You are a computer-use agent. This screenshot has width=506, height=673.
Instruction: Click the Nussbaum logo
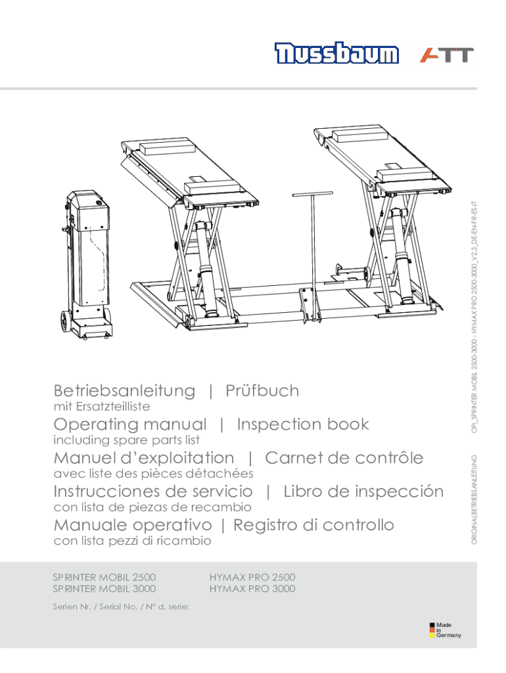(x=336, y=55)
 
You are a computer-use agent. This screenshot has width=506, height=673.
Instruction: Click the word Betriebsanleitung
(x=124, y=391)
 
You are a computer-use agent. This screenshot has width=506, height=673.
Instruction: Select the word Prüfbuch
(x=262, y=391)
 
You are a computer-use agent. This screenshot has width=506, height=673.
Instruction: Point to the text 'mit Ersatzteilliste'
(x=101, y=407)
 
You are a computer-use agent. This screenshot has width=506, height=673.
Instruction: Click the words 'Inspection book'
(x=303, y=425)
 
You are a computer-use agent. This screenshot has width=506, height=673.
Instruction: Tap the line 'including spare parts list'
(x=126, y=440)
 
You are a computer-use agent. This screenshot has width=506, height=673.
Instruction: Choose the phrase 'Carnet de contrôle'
(x=344, y=458)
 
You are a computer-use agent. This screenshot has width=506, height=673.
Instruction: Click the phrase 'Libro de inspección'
(x=363, y=492)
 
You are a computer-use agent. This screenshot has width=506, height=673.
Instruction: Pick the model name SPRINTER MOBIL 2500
(x=104, y=577)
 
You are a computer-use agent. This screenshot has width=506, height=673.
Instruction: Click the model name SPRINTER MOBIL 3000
(x=104, y=589)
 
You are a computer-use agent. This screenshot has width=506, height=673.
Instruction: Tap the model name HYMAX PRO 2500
(x=252, y=577)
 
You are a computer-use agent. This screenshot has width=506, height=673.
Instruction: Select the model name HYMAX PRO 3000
(x=252, y=589)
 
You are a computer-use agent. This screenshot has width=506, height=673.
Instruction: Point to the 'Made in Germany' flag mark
(x=432, y=630)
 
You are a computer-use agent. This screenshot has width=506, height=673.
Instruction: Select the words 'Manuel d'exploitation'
(x=143, y=458)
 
